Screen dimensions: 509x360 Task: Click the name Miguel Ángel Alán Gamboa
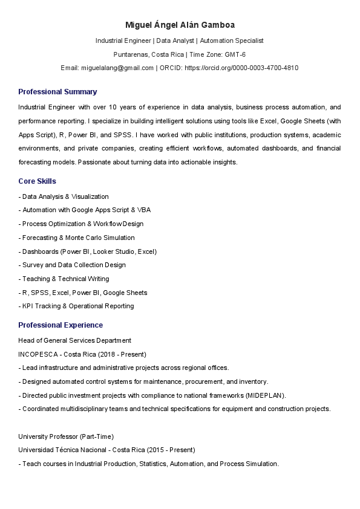click(x=180, y=25)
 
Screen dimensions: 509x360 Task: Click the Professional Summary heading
click(x=57, y=92)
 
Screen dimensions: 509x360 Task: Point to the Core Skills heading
click(x=37, y=181)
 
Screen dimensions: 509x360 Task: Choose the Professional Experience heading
click(x=61, y=325)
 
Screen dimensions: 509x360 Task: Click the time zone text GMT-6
click(x=235, y=54)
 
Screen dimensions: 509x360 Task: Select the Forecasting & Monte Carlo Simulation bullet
click(x=78, y=238)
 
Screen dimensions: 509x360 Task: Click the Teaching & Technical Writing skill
click(x=65, y=279)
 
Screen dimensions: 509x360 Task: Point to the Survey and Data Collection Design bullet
click(x=73, y=265)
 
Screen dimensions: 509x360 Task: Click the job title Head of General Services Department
click(x=74, y=340)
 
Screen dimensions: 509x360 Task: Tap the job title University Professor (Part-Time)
click(x=66, y=436)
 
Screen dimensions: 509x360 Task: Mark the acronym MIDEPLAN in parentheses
click(x=266, y=395)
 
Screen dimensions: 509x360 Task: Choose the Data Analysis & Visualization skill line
click(x=65, y=196)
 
